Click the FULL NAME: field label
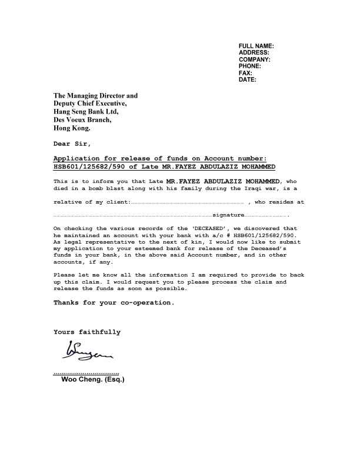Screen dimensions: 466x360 point(256,46)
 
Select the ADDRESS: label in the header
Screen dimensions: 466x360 point(254,52)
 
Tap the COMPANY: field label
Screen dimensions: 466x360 point(255,59)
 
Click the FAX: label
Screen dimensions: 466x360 point(246,73)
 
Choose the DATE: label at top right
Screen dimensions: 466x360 point(248,79)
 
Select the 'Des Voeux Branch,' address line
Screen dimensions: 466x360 point(82,119)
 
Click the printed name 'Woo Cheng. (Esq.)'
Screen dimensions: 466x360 point(93,380)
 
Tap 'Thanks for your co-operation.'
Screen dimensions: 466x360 point(114,302)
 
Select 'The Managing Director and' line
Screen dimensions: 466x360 point(95,95)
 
